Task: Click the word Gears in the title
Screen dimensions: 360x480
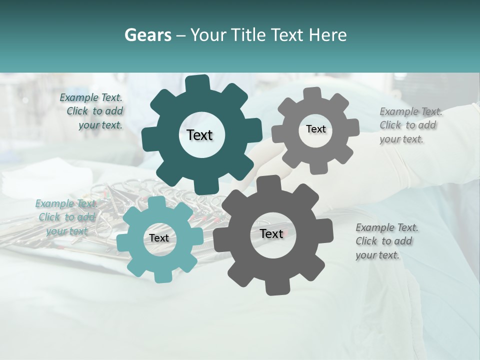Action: point(147,35)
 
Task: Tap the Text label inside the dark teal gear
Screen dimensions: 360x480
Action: point(199,135)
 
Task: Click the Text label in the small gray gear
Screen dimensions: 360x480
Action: point(315,129)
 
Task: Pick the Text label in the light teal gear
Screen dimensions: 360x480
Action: point(159,238)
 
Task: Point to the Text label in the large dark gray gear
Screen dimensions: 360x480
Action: point(271,233)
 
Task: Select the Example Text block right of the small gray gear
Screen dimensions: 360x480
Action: point(410,125)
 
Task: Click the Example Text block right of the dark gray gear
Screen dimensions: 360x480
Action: point(386,241)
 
